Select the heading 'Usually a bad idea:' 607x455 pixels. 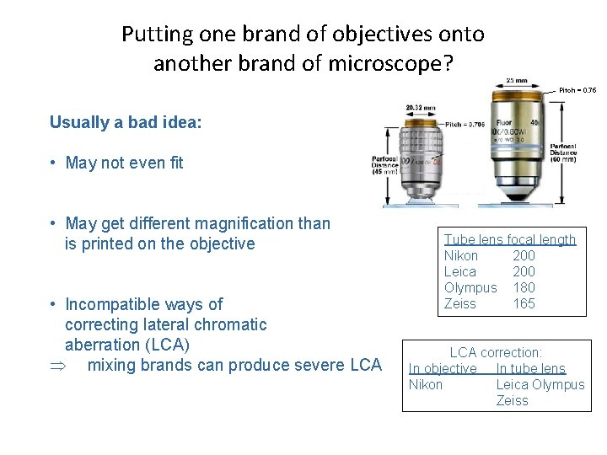126,122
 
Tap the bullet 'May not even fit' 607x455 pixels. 124,163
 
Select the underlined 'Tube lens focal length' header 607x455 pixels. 509,239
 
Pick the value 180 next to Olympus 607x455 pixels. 524,287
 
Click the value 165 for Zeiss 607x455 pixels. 524,303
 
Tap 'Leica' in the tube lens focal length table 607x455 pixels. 459,271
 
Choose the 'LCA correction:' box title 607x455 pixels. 496,352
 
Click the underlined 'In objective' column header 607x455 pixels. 442,368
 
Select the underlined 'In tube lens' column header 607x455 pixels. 530,368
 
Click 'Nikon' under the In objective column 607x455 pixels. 425,384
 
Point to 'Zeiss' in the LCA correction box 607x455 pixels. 512,400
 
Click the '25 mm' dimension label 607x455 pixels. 518,79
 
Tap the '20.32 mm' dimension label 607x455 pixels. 420,108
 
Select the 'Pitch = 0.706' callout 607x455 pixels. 465,125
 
